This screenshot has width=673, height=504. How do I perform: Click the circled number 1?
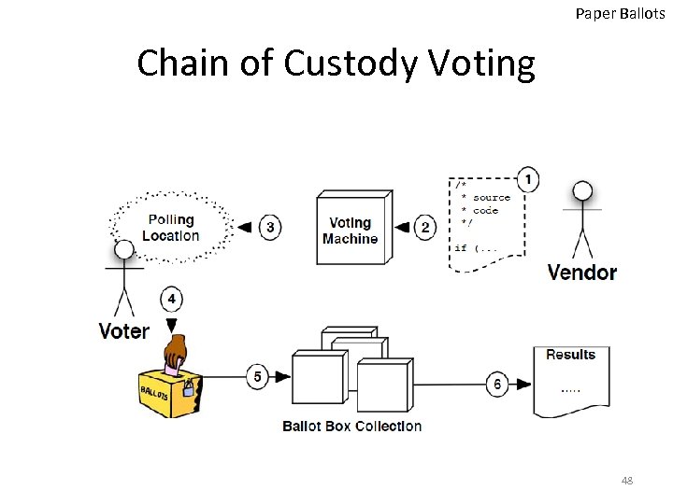528,179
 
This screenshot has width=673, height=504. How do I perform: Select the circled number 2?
425,228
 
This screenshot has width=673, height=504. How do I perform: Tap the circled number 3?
270,227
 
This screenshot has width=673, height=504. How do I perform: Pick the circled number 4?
171,299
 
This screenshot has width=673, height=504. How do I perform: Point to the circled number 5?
259,377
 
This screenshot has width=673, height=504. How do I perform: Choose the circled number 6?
498,384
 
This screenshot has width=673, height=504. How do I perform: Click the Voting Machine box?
350,230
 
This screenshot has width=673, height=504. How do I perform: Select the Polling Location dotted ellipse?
170,227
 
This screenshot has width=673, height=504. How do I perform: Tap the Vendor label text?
581,273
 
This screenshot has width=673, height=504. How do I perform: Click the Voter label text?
124,331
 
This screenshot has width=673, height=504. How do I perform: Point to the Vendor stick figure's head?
582,191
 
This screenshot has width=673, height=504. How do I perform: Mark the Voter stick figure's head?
123,250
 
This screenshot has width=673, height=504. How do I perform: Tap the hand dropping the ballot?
176,354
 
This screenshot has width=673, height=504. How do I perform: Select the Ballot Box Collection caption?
351,427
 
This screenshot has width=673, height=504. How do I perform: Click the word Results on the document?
570,355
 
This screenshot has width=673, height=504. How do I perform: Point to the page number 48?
626,481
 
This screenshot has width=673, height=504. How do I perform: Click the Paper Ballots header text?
622,13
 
